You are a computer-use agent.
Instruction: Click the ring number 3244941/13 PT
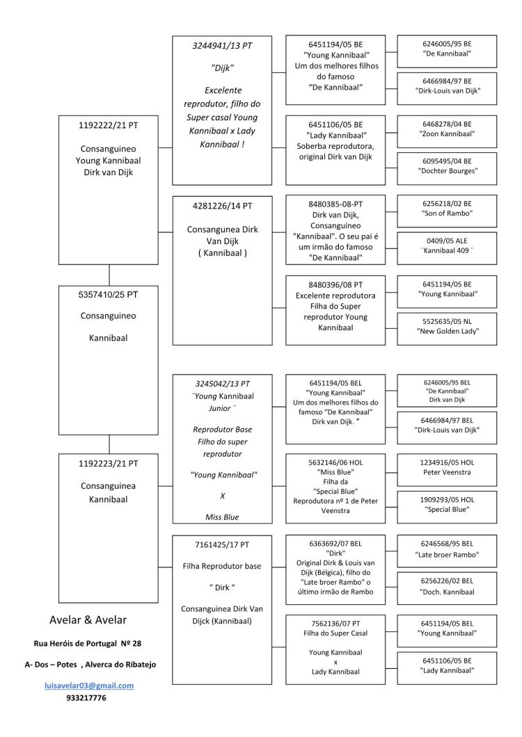point(222,46)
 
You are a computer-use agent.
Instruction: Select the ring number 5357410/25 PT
point(109,295)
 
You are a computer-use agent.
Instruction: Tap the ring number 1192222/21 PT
point(109,125)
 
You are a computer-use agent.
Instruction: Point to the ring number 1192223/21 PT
point(109,464)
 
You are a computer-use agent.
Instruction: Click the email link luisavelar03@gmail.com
point(89,686)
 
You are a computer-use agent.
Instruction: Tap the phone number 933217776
point(86,698)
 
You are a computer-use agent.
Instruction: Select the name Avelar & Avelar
point(88,620)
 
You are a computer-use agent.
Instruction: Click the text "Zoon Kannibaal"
point(447,134)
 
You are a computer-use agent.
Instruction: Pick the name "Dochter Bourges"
point(448,171)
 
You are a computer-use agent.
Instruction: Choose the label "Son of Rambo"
point(447,213)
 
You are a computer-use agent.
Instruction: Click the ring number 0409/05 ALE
point(447,241)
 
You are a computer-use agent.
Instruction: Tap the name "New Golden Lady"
point(448,332)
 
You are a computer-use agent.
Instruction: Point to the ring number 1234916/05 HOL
point(447,462)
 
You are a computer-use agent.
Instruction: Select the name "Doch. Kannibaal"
point(447,592)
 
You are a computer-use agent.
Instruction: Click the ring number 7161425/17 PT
point(222,545)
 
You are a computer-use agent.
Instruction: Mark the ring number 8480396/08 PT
point(335,285)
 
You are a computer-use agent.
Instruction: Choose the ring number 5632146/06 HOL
point(335,462)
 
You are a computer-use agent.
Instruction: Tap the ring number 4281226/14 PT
point(222,206)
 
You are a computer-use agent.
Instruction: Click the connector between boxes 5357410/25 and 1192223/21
point(109,444)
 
